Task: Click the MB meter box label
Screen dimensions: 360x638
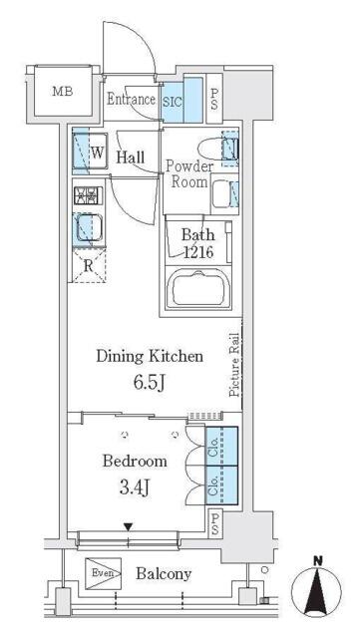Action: [x=63, y=91]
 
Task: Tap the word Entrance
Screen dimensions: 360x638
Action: [x=131, y=100]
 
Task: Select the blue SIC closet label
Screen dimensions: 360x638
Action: [x=173, y=102]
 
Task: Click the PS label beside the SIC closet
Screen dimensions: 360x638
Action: [x=214, y=99]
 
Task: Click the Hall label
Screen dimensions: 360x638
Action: [x=131, y=158]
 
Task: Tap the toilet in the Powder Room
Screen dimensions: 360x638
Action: [x=216, y=150]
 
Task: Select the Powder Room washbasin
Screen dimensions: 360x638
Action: [x=223, y=192]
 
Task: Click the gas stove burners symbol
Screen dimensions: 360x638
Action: [x=89, y=195]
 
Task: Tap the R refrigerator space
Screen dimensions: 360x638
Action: [x=89, y=266]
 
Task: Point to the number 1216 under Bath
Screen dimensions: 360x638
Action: [x=198, y=252]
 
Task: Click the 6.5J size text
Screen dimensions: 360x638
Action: [x=149, y=383]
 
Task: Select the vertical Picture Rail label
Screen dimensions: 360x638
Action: [x=234, y=365]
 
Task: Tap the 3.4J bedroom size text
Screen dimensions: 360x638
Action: [x=135, y=486]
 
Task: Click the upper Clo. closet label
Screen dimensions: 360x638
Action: [x=212, y=447]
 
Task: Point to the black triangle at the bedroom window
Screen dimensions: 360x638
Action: [x=129, y=527]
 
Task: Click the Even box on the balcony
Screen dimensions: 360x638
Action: [x=103, y=573]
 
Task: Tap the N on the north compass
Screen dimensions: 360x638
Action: [x=317, y=561]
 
